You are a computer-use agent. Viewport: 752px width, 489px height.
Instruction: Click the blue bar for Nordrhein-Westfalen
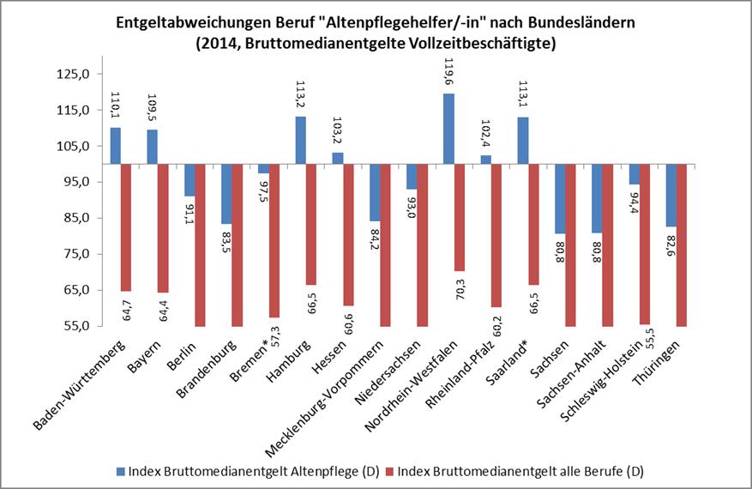(x=448, y=129)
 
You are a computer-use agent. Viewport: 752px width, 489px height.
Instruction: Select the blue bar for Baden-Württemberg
(x=116, y=146)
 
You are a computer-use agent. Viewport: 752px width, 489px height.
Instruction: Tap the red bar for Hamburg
(x=310, y=224)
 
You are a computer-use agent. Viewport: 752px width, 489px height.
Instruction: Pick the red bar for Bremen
(x=274, y=240)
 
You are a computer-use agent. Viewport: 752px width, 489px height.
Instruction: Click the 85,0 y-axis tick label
(x=75, y=218)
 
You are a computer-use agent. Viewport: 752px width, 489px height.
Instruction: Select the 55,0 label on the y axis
(x=75, y=326)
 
